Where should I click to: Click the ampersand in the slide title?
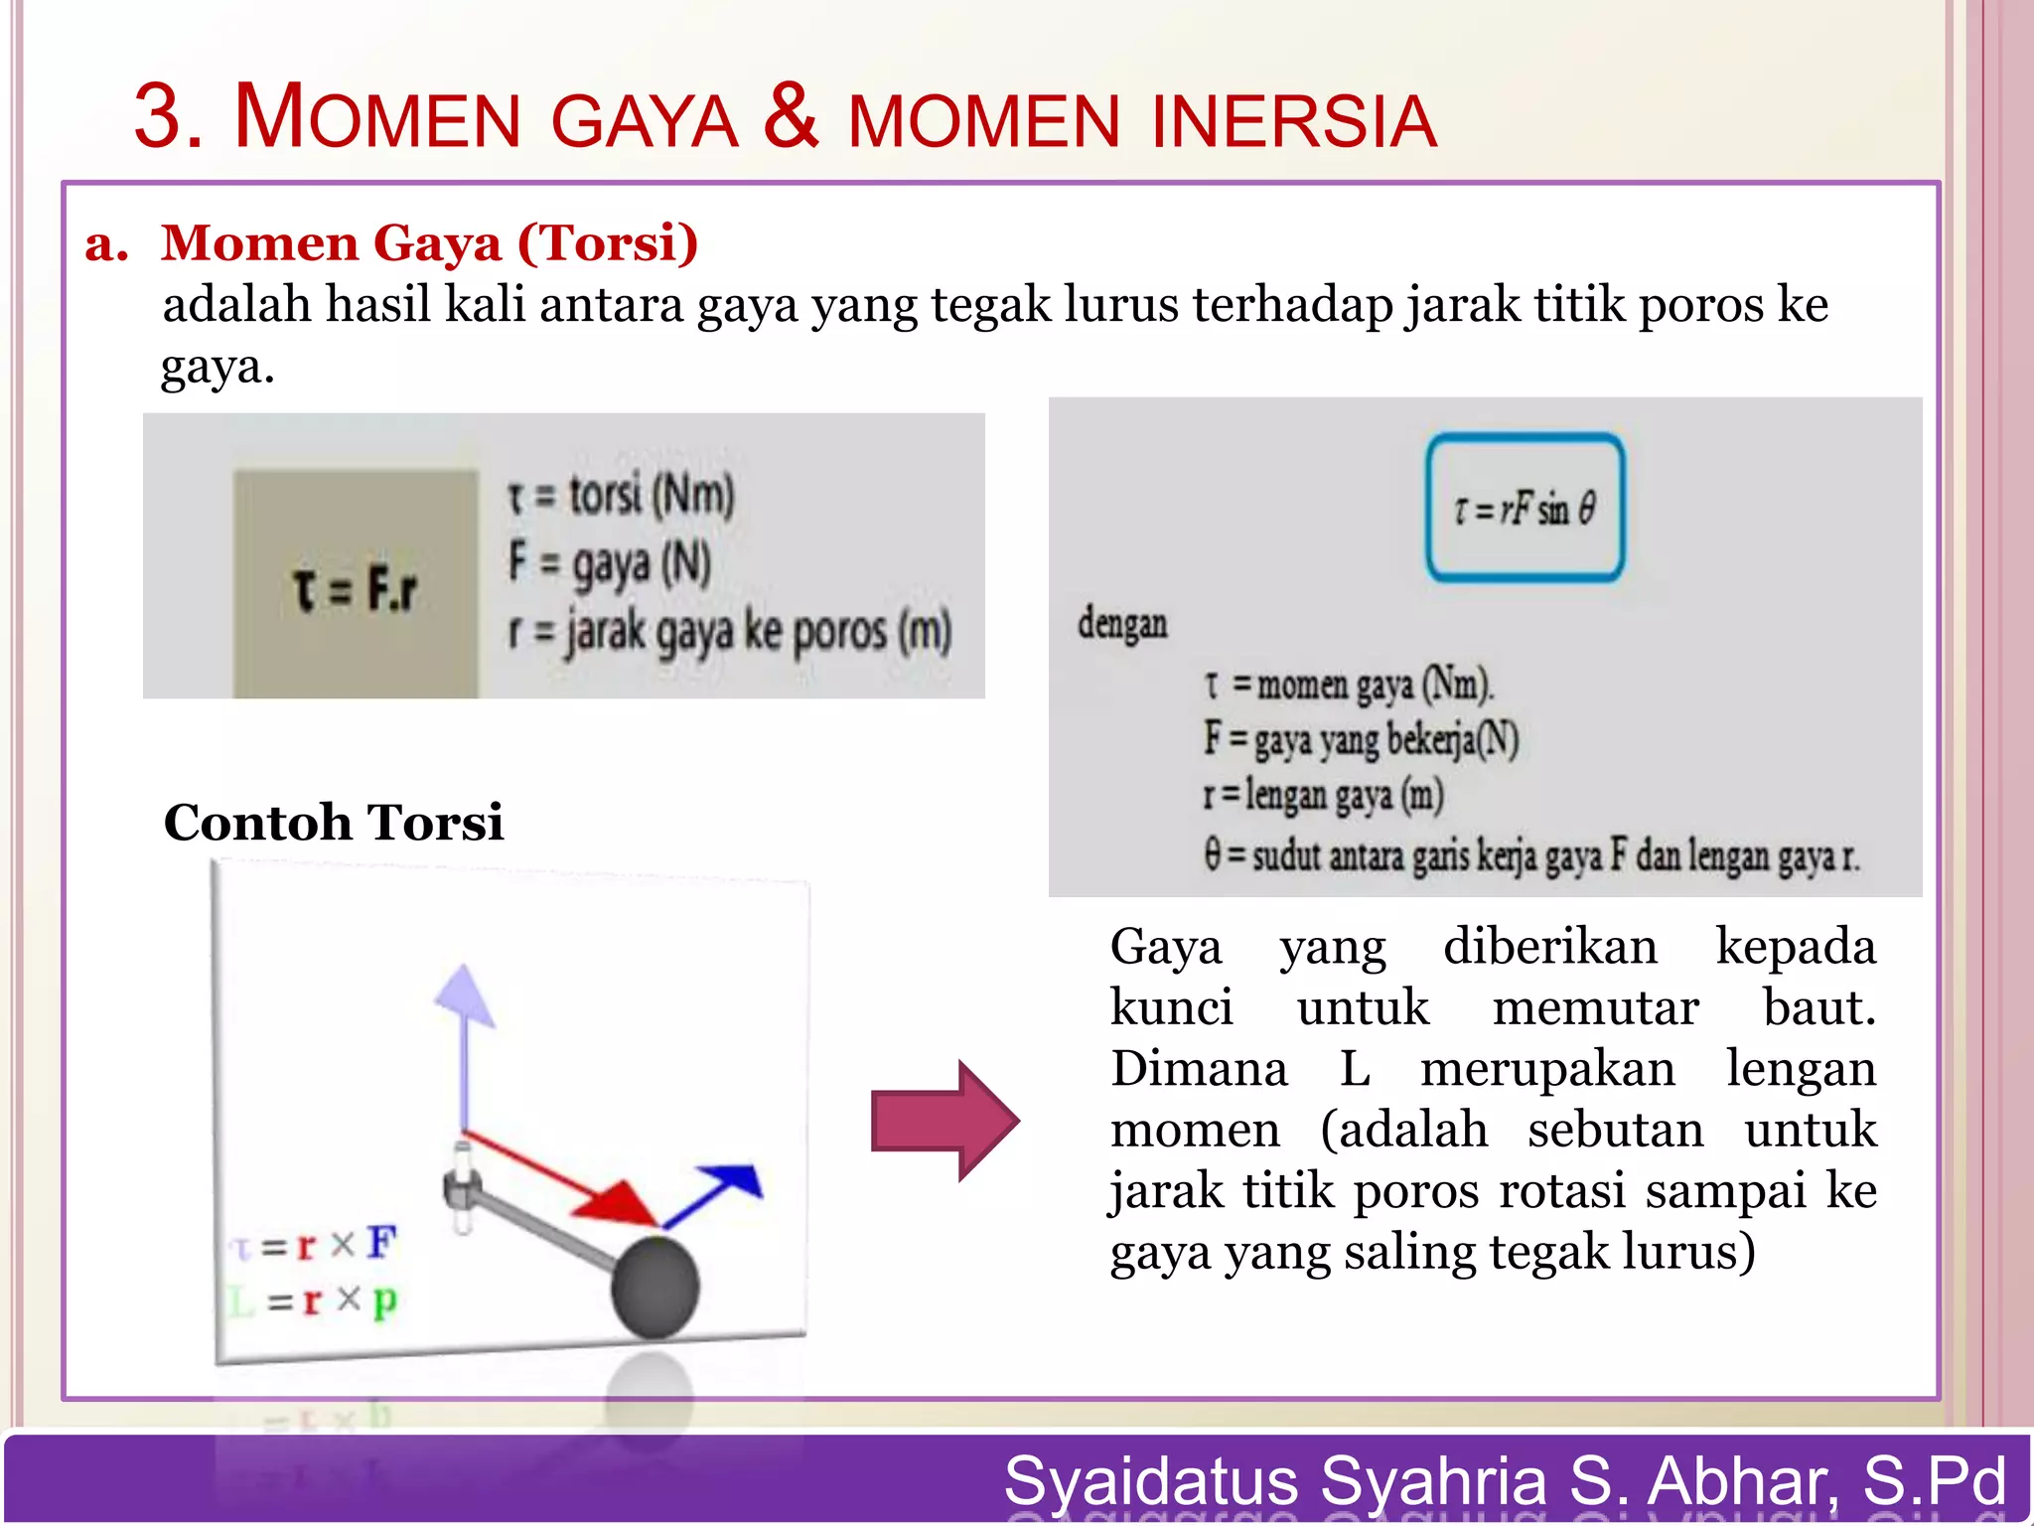[x=792, y=118]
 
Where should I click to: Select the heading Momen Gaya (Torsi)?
[x=429, y=243]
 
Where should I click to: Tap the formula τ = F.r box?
[x=356, y=586]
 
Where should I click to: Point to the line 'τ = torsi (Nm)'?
[x=621, y=495]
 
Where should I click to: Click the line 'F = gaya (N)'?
[x=610, y=562]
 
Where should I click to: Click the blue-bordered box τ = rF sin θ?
[x=1525, y=508]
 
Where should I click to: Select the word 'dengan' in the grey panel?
[x=1122, y=625]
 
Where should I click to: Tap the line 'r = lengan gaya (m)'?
[x=1323, y=796]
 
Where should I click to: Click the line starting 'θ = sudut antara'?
[x=1530, y=855]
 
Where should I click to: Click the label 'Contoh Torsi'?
[x=334, y=823]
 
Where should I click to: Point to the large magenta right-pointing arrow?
[x=944, y=1121]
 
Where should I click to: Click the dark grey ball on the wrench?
[x=655, y=1286]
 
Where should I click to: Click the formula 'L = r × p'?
[x=314, y=1300]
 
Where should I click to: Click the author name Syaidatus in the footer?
[x=1151, y=1480]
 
